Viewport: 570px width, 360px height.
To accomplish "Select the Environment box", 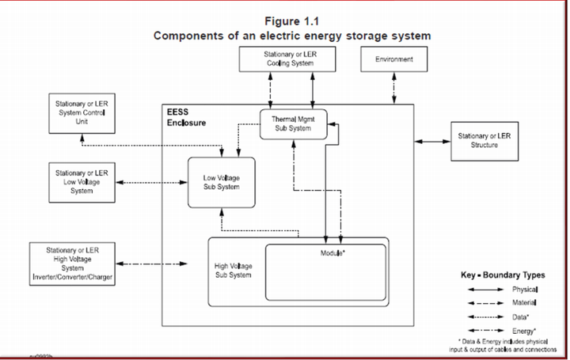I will pos(393,59).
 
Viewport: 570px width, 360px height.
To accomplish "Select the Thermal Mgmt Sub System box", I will pos(294,124).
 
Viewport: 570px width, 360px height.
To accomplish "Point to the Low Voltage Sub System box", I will pos(221,183).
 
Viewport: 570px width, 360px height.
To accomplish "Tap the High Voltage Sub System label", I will pos(234,271).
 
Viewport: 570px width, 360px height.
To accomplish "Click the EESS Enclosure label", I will pos(186,119).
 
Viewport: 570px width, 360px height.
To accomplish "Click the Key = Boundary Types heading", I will pos(502,275).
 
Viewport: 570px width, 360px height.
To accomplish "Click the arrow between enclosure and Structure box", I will pos(433,141).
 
